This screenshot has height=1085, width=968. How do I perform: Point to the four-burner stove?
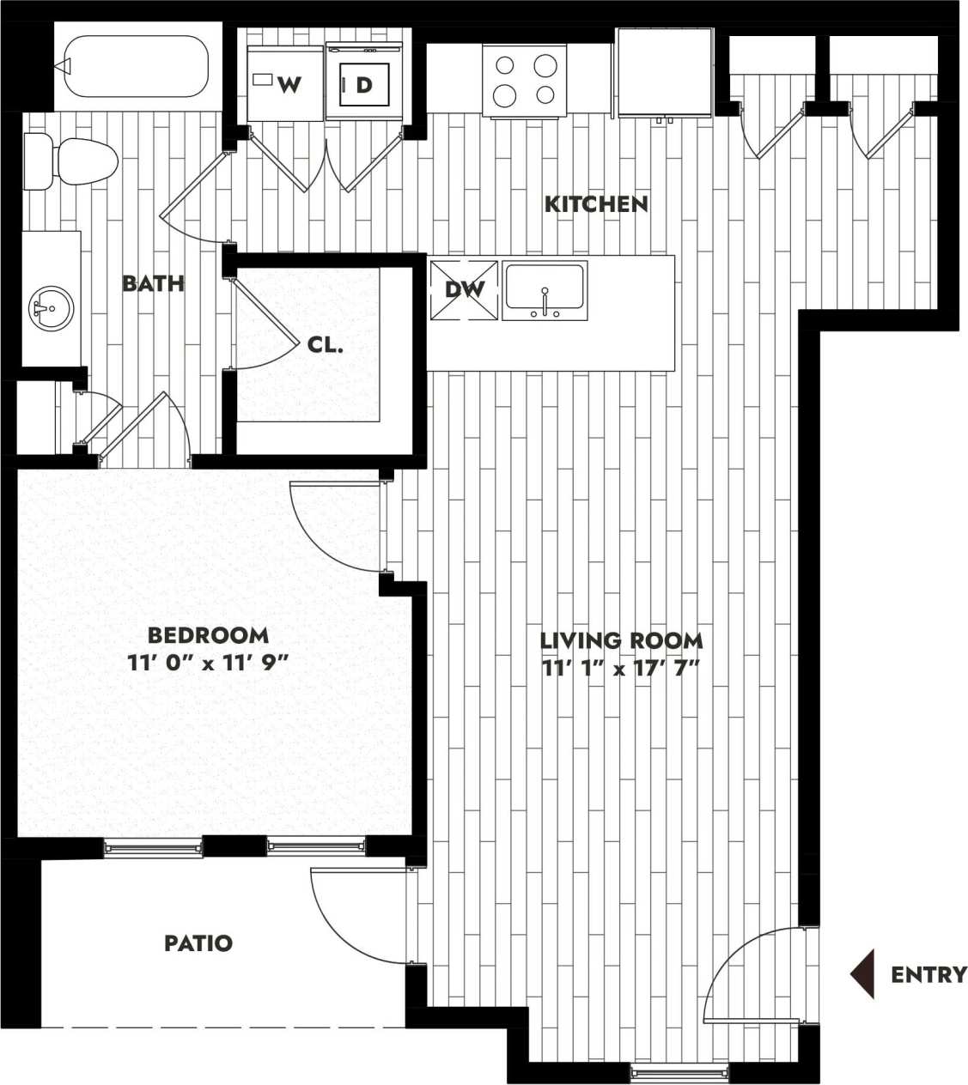pyautogui.click(x=525, y=80)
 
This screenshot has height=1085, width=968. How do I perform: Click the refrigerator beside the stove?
pyautogui.click(x=664, y=72)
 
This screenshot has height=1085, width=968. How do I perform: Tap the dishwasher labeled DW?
pyautogui.click(x=464, y=290)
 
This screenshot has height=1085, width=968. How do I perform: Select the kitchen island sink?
pyautogui.click(x=545, y=288)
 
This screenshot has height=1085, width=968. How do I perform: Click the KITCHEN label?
pyautogui.click(x=596, y=204)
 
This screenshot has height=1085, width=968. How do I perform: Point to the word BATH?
pyautogui.click(x=153, y=283)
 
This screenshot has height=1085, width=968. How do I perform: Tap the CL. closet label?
pyautogui.click(x=325, y=346)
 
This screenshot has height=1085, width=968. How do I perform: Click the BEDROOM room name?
pyautogui.click(x=208, y=635)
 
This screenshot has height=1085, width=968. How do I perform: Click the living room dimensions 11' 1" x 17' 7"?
pyautogui.click(x=620, y=668)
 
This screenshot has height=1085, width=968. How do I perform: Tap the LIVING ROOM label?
pyautogui.click(x=621, y=640)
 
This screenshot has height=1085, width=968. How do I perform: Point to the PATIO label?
pyautogui.click(x=198, y=943)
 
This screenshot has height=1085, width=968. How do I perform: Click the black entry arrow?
pyautogui.click(x=863, y=974)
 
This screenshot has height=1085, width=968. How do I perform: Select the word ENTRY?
pyautogui.click(x=928, y=975)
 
